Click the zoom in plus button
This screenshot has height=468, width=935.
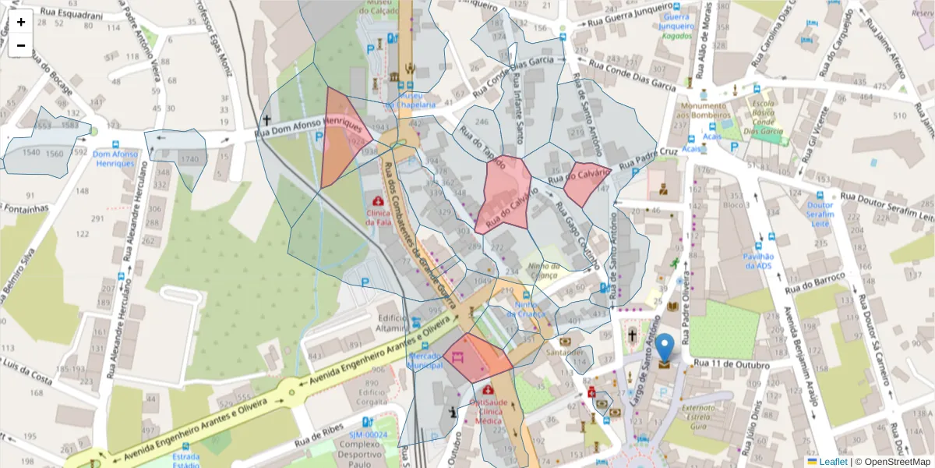[x=21, y=22]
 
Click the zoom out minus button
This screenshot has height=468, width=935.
[x=21, y=45]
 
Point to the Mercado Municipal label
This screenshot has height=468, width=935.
[x=426, y=360]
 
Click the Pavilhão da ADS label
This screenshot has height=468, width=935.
[x=758, y=261]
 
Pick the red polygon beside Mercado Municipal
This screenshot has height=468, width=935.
[x=475, y=359]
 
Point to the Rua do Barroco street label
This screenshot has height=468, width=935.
[x=815, y=283]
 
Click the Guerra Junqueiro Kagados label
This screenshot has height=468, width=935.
[x=676, y=26]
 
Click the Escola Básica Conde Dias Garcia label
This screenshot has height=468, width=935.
[x=761, y=115]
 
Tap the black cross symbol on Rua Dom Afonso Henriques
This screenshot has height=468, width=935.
[x=266, y=120]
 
